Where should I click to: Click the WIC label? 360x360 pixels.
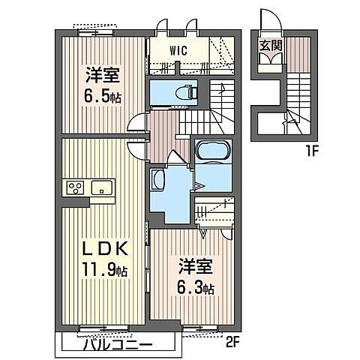coord(178,51)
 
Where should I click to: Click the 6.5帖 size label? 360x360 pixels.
coord(103,97)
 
